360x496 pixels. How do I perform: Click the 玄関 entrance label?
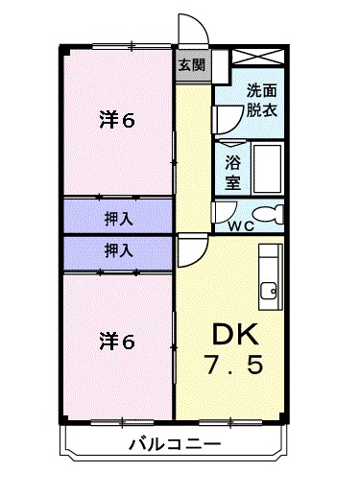[192, 66]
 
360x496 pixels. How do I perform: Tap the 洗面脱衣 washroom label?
[260, 100]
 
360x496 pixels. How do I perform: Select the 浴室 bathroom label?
[234, 169]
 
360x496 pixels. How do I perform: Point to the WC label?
[241, 226]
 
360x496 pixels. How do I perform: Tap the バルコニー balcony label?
[174, 444]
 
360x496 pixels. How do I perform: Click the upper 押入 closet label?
[119, 219]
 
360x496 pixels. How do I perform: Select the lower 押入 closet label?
[119, 250]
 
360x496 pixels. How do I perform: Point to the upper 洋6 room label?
[119, 120]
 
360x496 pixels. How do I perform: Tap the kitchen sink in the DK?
[271, 289]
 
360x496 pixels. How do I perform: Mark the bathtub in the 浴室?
[266, 168]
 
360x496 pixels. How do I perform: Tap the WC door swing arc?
[223, 211]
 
